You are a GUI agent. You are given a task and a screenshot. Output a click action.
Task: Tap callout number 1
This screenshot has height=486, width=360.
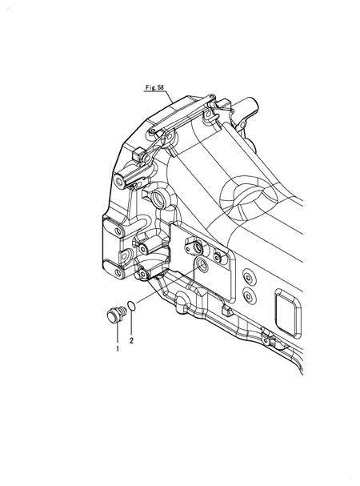click(117, 349)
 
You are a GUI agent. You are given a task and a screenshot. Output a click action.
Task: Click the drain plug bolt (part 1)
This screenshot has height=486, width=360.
click(114, 313)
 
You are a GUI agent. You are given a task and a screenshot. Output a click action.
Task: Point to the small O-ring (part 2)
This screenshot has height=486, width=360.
click(133, 306)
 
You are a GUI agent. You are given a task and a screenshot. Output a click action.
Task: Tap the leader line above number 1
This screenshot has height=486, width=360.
click(117, 333)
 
